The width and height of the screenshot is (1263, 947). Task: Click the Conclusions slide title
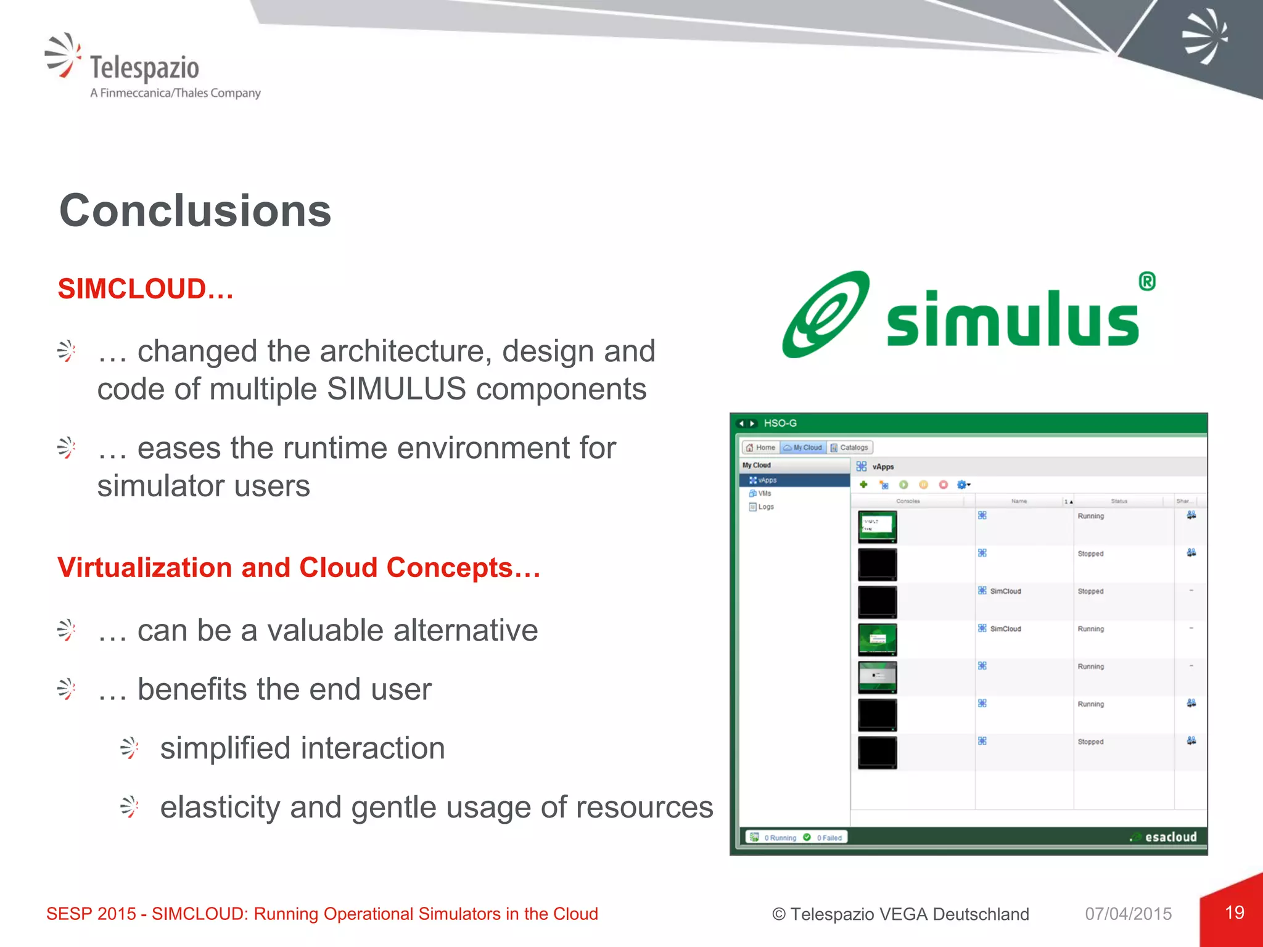[x=195, y=211]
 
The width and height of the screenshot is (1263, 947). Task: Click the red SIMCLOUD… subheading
[x=146, y=289]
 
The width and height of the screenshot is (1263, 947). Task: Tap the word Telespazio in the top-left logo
[x=144, y=67]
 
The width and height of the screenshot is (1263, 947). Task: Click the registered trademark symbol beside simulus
[x=1146, y=281]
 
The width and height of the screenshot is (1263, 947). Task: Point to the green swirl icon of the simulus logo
[x=825, y=315]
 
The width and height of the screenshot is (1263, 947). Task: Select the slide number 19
[x=1234, y=912]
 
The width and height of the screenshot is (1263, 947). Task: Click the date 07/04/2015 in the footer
[x=1128, y=914]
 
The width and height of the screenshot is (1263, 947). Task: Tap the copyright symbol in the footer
[x=779, y=914]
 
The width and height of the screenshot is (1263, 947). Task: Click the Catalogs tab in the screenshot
[x=850, y=448]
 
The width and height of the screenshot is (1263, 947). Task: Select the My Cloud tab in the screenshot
[x=803, y=448]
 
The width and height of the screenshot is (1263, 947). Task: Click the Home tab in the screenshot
[x=760, y=448]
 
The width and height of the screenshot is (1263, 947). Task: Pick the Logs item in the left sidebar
[x=765, y=507]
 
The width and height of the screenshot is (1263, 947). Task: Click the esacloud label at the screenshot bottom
[x=1170, y=837]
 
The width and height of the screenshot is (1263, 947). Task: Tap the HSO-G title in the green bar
[x=780, y=423]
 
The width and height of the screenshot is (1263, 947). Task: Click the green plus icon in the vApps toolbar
[x=863, y=485]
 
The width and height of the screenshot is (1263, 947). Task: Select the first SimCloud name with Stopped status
[x=1005, y=591]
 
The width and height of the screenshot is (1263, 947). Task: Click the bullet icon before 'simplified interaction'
[x=130, y=748]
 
